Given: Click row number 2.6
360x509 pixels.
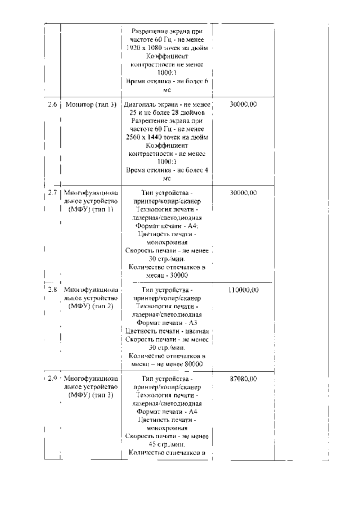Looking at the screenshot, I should pos(52,104).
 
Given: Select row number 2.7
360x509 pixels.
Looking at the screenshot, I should pos(52,193).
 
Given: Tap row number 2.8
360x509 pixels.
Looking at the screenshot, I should pos(52,290).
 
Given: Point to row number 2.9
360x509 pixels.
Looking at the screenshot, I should pos(52,379).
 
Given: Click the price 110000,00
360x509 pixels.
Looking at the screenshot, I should pos(244,290).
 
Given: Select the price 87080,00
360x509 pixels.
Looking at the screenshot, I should pos(244,379).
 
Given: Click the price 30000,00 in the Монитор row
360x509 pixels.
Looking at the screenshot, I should pos(244,104).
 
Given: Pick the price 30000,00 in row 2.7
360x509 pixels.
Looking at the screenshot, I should pos(244,193).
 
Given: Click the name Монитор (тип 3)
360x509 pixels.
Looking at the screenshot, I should pos(91,104).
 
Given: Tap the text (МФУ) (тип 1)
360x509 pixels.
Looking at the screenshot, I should pos(91,210).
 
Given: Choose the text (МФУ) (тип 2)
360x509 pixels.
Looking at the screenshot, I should pos(91,307).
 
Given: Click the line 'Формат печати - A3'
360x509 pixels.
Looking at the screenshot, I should pos(166,322).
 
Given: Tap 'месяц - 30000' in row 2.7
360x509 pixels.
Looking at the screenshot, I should pos(166,276).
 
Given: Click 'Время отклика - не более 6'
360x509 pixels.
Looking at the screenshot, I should pos(166,81).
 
